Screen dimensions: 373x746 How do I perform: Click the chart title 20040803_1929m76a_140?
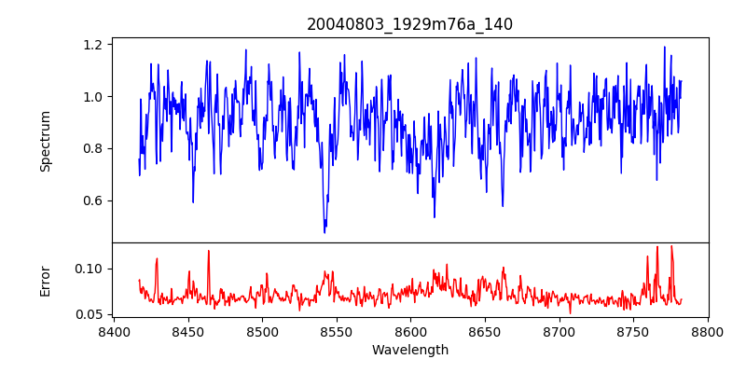tap(409, 24)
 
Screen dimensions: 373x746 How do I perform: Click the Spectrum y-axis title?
tap(46, 141)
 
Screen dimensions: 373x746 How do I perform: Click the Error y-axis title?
tap(46, 281)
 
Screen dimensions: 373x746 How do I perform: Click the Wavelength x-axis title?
tap(409, 351)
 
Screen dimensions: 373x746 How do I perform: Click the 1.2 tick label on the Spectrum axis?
tap(93, 44)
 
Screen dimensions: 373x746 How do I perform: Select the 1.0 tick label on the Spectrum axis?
tap(93, 96)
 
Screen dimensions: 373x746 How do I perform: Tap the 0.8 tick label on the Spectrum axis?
tap(93, 148)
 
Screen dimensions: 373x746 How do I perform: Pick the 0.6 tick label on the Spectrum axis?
tap(93, 200)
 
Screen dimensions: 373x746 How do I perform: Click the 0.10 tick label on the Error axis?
tap(90, 269)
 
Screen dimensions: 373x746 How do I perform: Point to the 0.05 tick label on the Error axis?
tap(90, 314)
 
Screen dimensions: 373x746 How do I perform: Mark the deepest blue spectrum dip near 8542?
tap(325, 231)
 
